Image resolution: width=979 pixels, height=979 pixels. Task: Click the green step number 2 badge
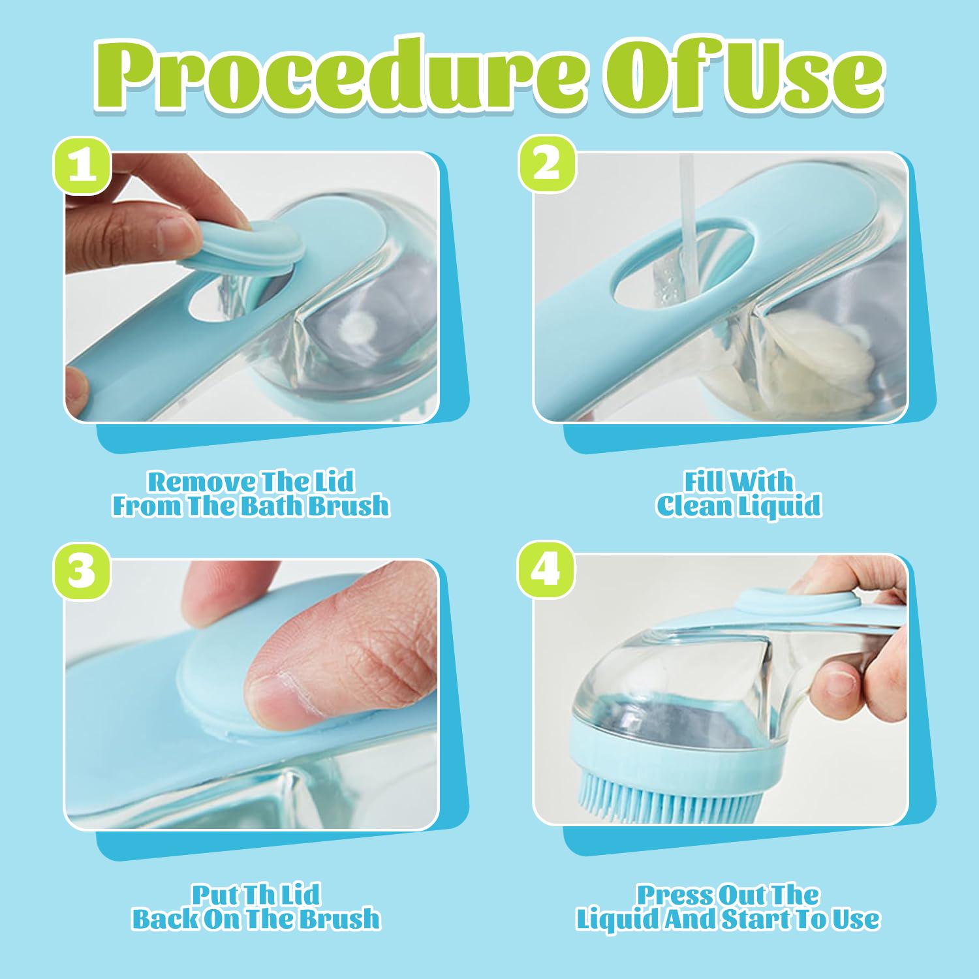click(x=547, y=164)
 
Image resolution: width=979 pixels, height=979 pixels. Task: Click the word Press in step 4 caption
click(x=673, y=894)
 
